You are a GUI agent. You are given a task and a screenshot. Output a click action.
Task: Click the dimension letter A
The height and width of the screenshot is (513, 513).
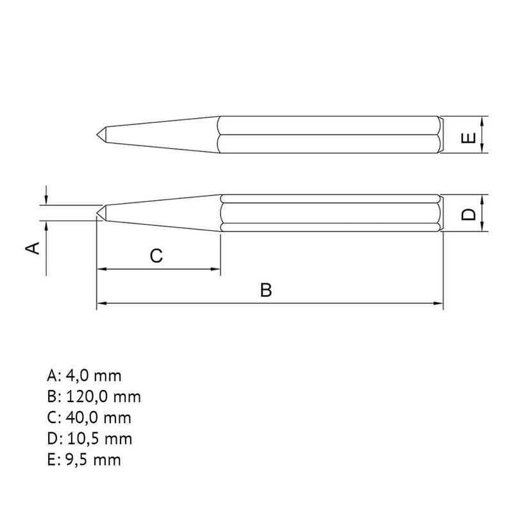pos(36,248)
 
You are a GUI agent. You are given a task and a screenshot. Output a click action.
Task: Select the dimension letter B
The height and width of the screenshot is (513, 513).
pos(267,290)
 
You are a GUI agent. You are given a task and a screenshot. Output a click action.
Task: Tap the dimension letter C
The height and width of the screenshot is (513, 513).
pos(156,256)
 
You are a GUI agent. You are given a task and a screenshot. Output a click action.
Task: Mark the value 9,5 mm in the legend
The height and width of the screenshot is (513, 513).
pos(94,460)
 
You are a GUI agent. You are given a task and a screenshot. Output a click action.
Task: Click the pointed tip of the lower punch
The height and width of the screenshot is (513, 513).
pos(98,212)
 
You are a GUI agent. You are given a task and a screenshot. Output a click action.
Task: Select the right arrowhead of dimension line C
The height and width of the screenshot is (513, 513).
pos(216,269)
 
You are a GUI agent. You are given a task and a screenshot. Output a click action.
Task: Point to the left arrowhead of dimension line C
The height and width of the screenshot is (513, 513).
pos(101,269)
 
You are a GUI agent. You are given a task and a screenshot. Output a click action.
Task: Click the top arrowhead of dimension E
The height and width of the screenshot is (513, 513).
pos(482,122)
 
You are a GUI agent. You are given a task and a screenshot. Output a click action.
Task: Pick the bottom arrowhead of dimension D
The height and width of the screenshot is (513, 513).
pos(482,227)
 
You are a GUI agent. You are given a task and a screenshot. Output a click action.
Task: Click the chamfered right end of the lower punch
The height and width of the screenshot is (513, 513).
pos(441,213)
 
